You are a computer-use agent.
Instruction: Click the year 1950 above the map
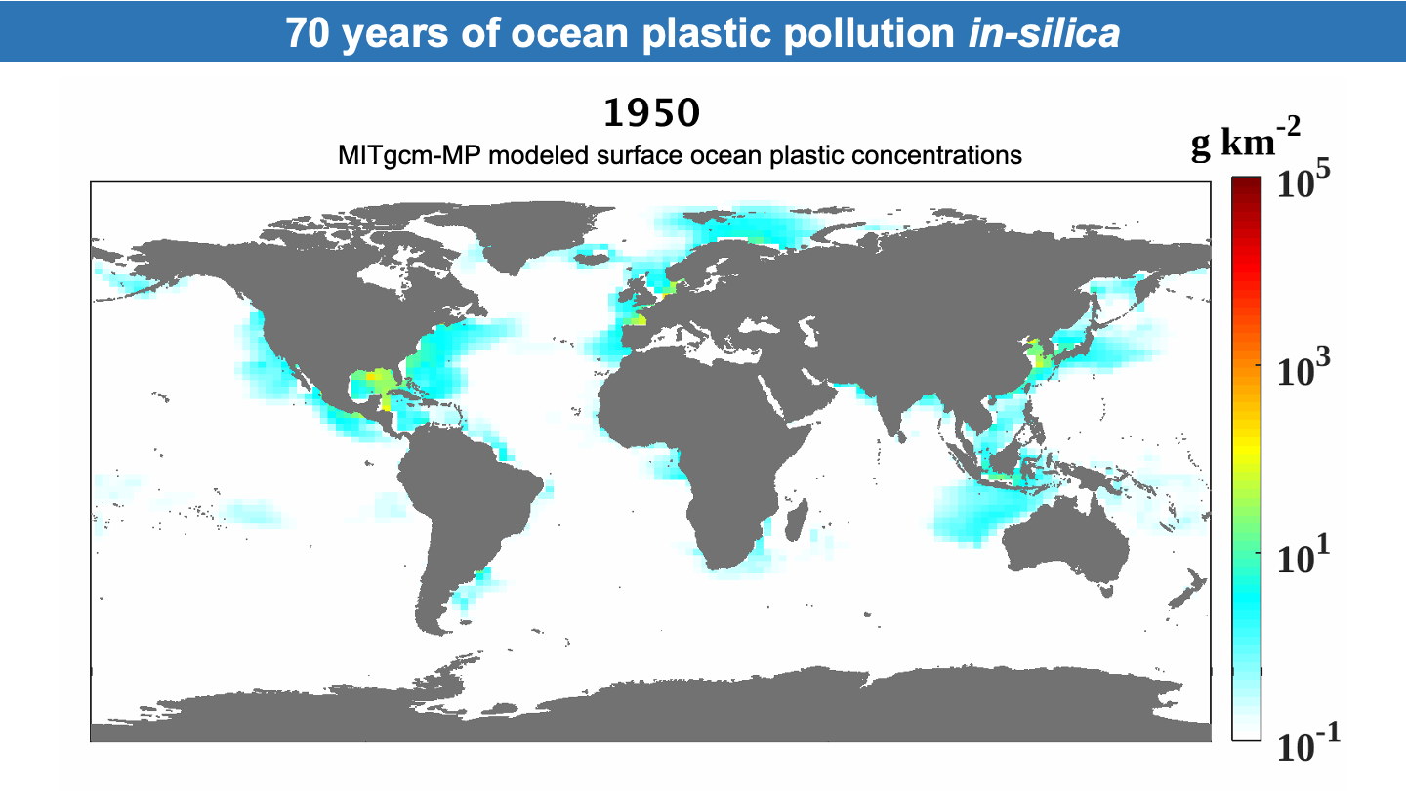point(651,113)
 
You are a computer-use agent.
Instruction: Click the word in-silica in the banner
point(1044,32)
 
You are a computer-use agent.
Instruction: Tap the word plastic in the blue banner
point(706,32)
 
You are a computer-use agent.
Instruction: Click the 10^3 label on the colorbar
point(1303,369)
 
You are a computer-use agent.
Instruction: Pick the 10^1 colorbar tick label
point(1303,557)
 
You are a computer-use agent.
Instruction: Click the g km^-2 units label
point(1246,141)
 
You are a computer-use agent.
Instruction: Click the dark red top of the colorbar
point(1246,186)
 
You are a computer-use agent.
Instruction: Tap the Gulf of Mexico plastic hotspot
point(372,382)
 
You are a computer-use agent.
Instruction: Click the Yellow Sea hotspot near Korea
point(1037,355)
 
